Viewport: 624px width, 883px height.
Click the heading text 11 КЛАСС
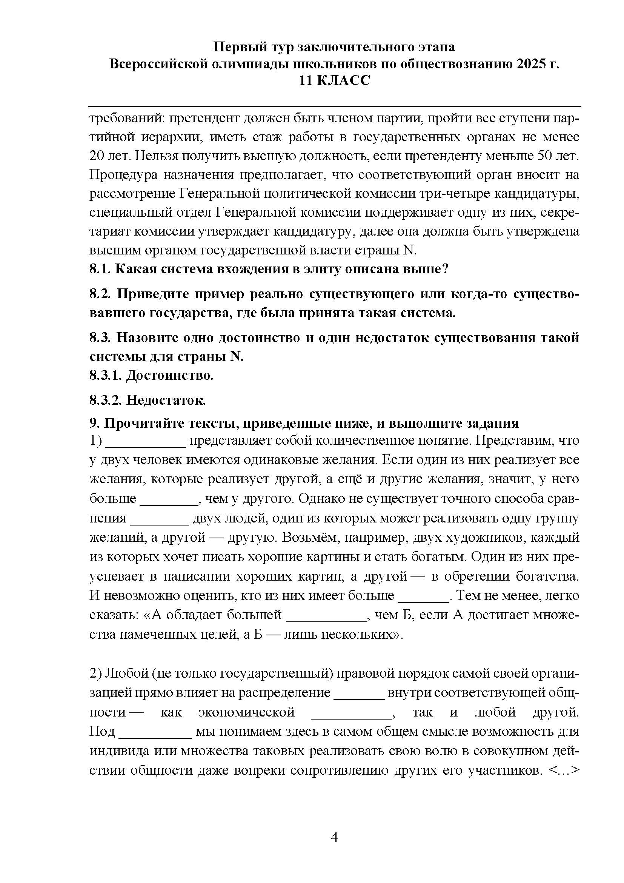click(x=334, y=81)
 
